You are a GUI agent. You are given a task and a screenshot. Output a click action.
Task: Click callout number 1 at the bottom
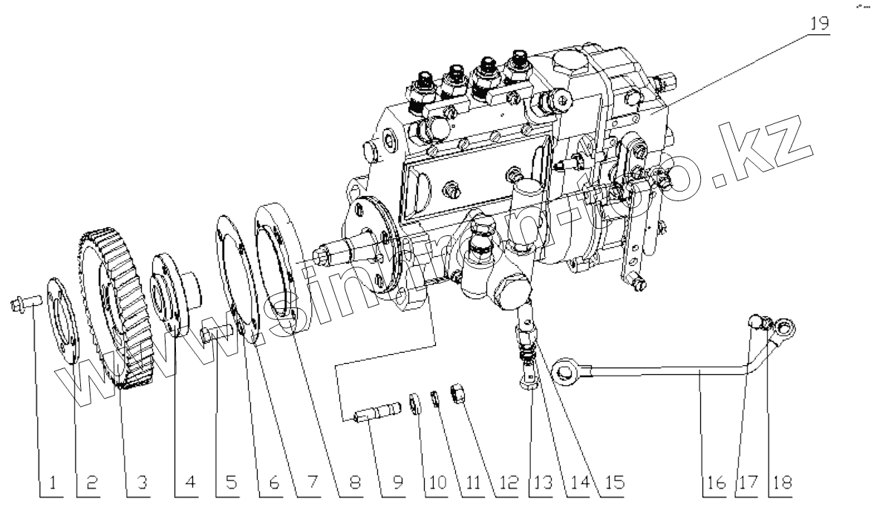pyautogui.click(x=53, y=485)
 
